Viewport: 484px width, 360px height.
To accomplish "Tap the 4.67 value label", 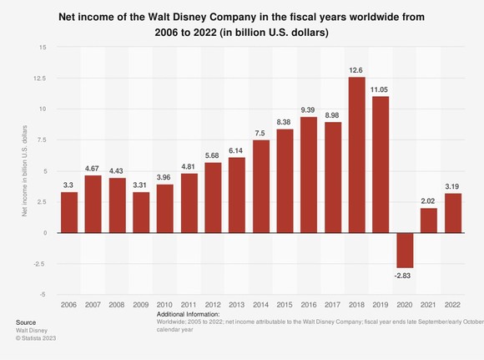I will [x=93, y=168].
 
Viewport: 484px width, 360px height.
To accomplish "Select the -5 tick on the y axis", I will [x=42, y=294].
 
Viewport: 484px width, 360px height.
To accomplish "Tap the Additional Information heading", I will [x=188, y=313].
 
